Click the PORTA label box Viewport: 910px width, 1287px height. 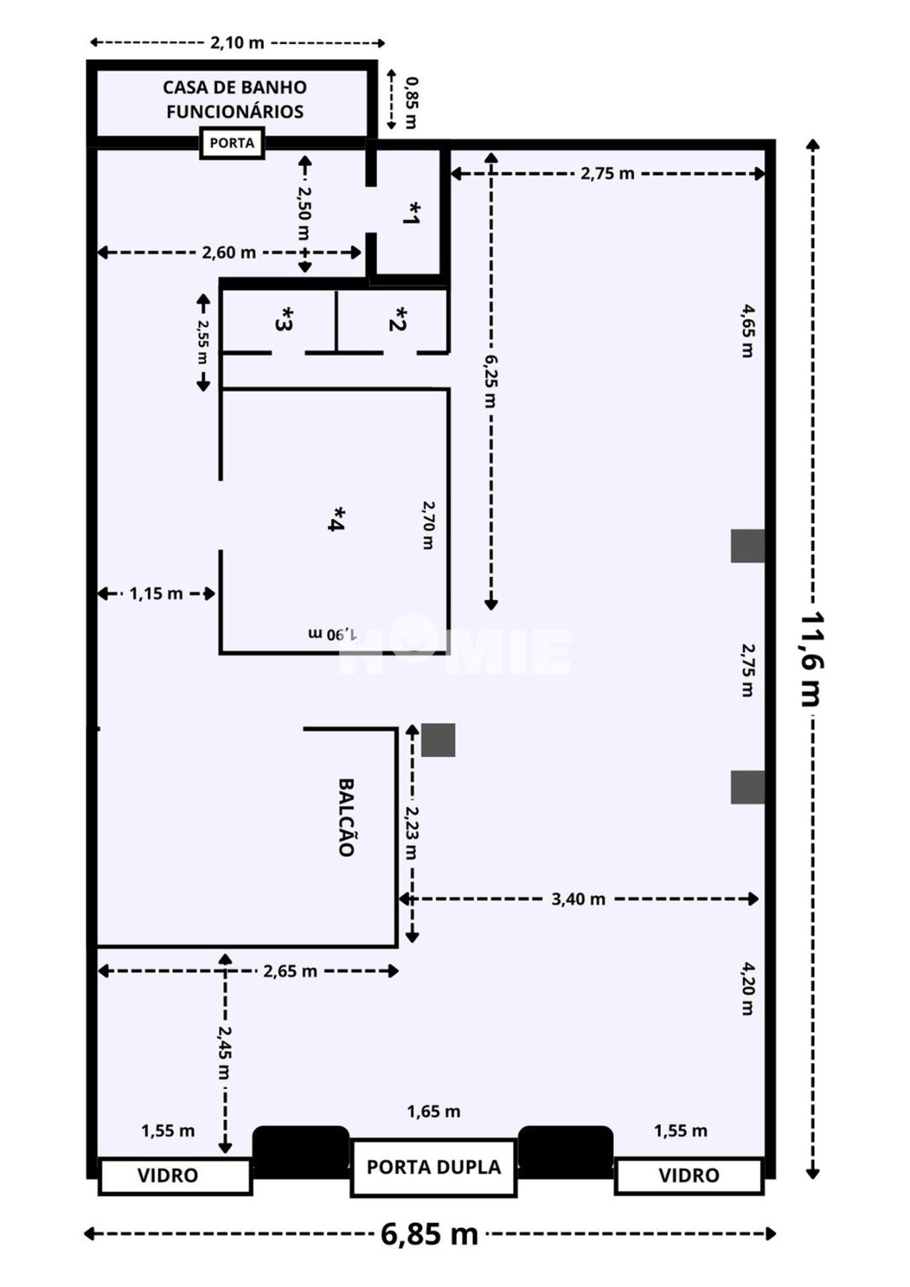(x=232, y=143)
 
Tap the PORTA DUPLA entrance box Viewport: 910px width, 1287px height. (x=434, y=1167)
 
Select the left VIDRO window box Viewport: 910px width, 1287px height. (x=174, y=1175)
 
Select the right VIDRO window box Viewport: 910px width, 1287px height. (x=689, y=1175)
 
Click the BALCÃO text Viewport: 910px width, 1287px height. (x=345, y=817)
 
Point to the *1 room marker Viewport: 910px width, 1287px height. (x=412, y=213)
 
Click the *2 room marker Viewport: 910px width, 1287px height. (x=398, y=319)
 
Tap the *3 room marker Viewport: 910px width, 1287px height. (x=284, y=319)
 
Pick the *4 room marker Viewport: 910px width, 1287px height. (x=336, y=519)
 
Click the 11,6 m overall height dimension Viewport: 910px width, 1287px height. (x=811, y=658)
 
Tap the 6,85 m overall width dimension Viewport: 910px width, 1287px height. (x=430, y=1233)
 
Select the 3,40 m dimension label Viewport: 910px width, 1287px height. (x=578, y=899)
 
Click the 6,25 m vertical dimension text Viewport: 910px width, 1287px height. (x=491, y=381)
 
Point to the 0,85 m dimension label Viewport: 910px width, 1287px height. (x=411, y=103)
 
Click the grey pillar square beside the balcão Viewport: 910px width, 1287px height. (x=438, y=740)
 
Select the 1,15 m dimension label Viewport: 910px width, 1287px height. (x=155, y=593)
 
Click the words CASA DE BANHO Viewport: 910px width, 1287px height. (x=235, y=88)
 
